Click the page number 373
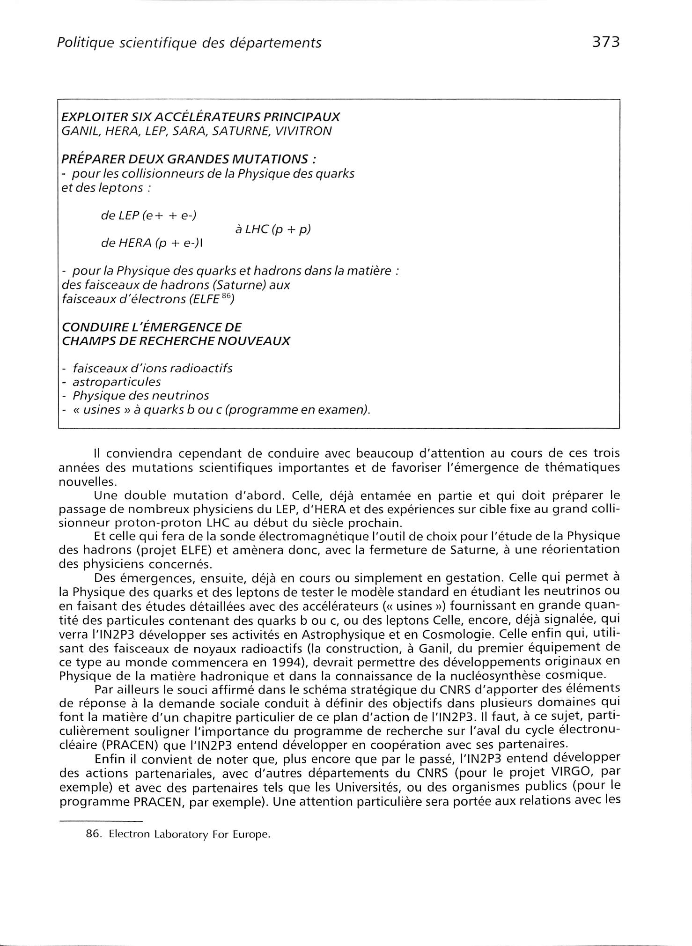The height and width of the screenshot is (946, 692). (x=605, y=43)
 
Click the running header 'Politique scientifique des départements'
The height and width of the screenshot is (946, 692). (x=189, y=44)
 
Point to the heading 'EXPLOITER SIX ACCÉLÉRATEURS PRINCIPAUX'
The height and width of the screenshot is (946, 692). (x=201, y=117)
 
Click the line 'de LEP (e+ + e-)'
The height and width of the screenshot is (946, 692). (x=149, y=216)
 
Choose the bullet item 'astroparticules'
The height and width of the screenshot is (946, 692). (x=117, y=382)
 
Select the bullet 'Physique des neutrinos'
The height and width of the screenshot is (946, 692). (x=140, y=396)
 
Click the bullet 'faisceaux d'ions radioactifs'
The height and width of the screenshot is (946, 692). (x=152, y=368)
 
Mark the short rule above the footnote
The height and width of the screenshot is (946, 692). (x=100, y=821)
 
